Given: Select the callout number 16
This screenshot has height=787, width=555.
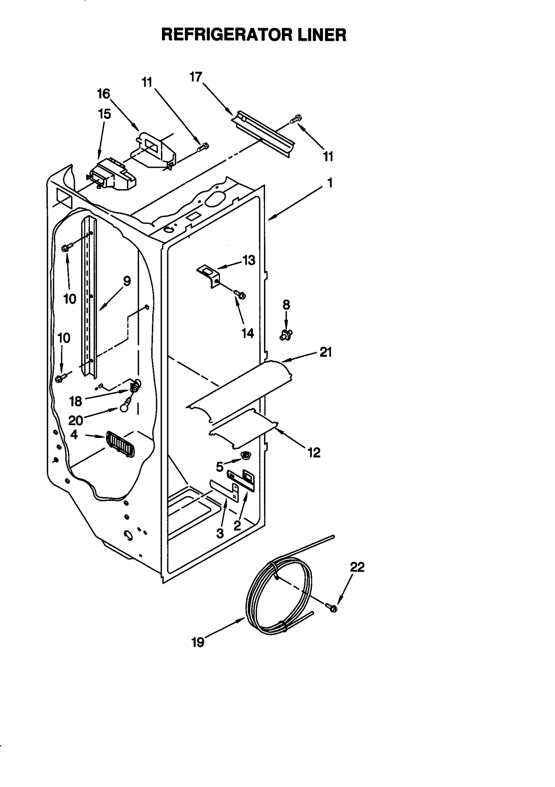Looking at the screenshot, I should tap(103, 94).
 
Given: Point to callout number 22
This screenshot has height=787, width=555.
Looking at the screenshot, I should tap(357, 567).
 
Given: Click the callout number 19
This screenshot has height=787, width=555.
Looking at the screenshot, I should tap(198, 642).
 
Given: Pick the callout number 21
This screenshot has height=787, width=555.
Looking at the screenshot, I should tap(325, 352).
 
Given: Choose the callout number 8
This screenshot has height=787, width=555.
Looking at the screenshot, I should tap(286, 305).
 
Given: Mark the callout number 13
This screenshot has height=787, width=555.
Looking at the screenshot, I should tap(249, 260).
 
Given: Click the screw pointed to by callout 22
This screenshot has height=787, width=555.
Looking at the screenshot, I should tap(331, 607).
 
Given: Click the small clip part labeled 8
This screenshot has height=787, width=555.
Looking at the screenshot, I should tap(286, 335).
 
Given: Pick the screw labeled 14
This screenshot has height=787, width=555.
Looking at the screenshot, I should tap(240, 294).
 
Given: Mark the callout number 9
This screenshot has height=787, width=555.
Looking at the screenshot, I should tap(127, 281).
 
